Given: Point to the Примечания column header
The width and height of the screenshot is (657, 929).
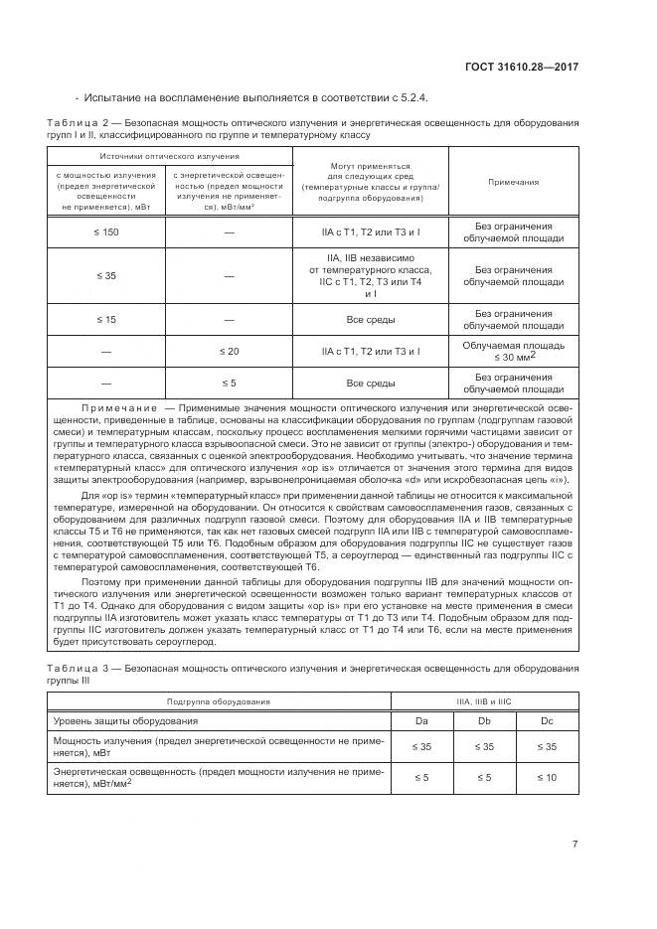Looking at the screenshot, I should (x=513, y=182).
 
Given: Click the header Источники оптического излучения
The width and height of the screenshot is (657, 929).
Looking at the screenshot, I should (x=168, y=156).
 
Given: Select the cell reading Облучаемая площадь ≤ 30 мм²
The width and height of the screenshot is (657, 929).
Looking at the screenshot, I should (x=513, y=351).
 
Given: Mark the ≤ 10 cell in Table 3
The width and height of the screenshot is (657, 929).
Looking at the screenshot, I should (x=547, y=777).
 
